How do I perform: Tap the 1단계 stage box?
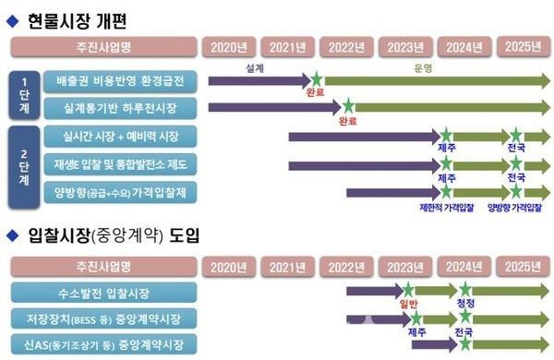(23, 93)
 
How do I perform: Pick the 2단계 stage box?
(23, 164)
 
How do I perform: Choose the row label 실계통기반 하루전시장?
(120, 109)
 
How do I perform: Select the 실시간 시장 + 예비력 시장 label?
(120, 137)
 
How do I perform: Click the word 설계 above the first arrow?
(256, 69)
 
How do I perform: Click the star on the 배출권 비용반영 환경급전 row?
(317, 80)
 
